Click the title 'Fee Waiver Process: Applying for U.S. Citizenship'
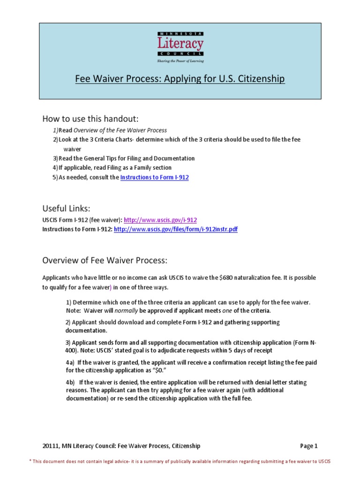(x=180, y=79)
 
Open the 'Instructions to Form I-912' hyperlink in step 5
(x=155, y=178)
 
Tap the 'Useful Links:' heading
(x=66, y=208)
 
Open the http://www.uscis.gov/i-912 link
(x=160, y=220)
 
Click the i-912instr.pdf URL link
(x=176, y=229)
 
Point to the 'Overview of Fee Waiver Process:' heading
(x=105, y=260)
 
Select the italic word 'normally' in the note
(x=126, y=311)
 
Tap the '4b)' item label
(x=70, y=382)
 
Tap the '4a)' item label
(x=70, y=362)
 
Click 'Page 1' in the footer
(x=308, y=446)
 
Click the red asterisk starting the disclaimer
(x=30, y=461)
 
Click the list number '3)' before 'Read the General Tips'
(x=55, y=158)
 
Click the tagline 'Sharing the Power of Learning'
(x=180, y=61)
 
